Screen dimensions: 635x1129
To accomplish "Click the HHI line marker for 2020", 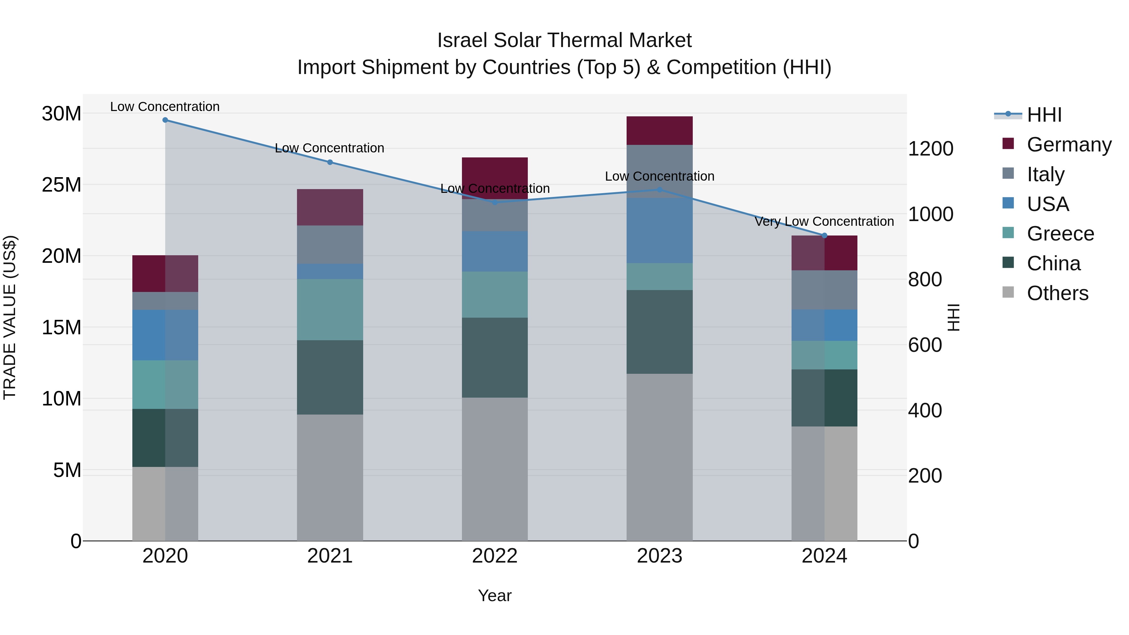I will coord(165,120).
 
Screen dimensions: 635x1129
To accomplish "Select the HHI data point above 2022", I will coord(495,203).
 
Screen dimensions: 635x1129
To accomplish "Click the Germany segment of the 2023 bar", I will coord(659,130).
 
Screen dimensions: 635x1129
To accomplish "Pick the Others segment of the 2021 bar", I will coord(330,477).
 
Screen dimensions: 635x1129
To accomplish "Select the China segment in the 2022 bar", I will coord(495,357).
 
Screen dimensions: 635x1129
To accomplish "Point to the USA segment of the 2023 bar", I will coord(659,230).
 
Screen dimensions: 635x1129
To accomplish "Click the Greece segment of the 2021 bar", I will coord(330,310).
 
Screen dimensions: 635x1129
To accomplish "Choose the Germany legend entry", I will coord(1068,145).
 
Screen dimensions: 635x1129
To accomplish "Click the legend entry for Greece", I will coord(1060,234).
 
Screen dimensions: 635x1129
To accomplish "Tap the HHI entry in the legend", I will coord(1044,115).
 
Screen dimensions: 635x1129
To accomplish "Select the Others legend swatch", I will coord(1008,292).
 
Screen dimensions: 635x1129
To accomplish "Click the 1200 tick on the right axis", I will coord(930,149).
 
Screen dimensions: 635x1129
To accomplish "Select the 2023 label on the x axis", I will coord(659,556).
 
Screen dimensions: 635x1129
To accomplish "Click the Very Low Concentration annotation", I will coord(824,222).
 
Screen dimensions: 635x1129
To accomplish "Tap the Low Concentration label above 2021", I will coord(330,148).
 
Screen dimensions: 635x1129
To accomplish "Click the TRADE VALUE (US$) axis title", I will coord(10,317).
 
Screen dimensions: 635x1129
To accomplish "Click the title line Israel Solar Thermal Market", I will coord(564,40).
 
